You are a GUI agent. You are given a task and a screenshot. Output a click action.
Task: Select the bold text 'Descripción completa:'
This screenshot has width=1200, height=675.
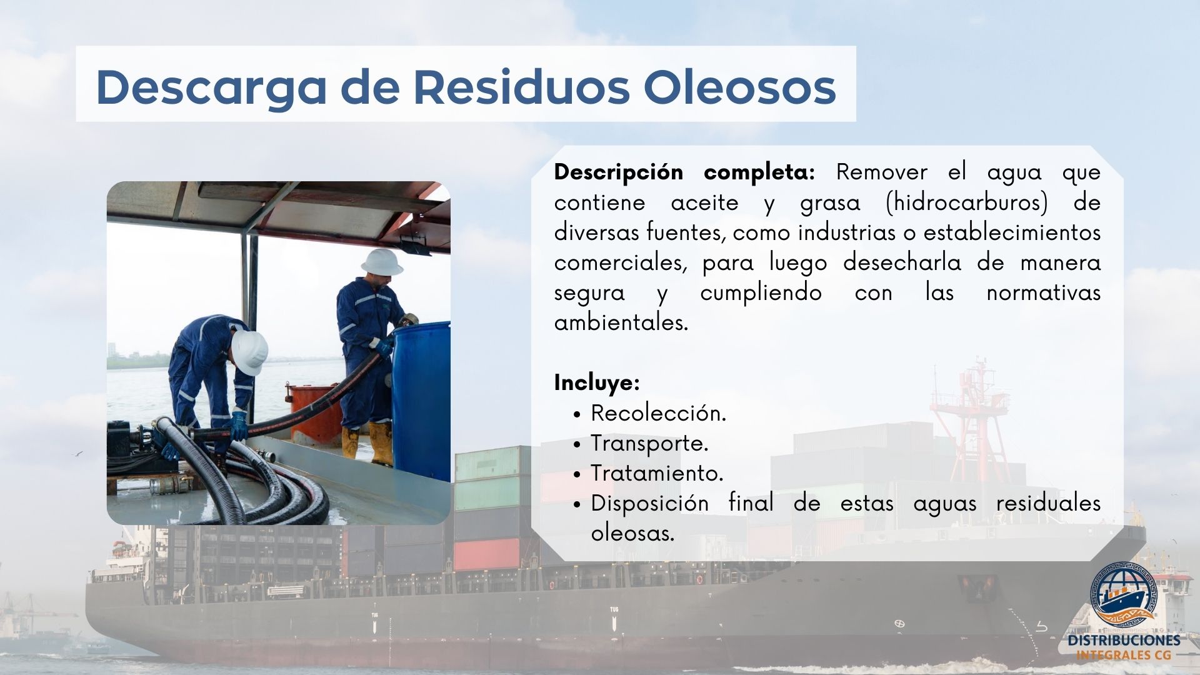click(684, 172)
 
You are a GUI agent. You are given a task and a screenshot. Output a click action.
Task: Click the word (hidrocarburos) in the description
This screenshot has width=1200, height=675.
click(966, 202)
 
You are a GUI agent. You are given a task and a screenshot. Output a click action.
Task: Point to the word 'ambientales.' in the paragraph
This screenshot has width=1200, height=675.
click(621, 322)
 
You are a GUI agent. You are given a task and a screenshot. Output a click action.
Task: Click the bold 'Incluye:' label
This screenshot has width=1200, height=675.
click(597, 382)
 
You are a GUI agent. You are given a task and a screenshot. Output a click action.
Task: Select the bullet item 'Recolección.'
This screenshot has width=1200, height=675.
click(658, 413)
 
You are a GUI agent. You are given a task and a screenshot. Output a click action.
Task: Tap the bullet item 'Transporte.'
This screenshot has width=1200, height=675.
click(649, 443)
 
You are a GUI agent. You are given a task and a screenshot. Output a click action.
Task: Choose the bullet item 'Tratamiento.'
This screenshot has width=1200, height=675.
click(657, 473)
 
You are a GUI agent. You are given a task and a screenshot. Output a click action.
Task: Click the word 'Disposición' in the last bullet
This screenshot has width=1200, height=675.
click(649, 504)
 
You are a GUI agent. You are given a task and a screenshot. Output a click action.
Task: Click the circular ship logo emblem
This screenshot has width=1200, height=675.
click(1123, 596)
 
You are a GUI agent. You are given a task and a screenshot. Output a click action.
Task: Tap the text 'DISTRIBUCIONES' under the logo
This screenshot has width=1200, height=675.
click(1124, 641)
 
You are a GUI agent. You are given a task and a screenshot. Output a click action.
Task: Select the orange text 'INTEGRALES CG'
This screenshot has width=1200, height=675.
click(1124, 655)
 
